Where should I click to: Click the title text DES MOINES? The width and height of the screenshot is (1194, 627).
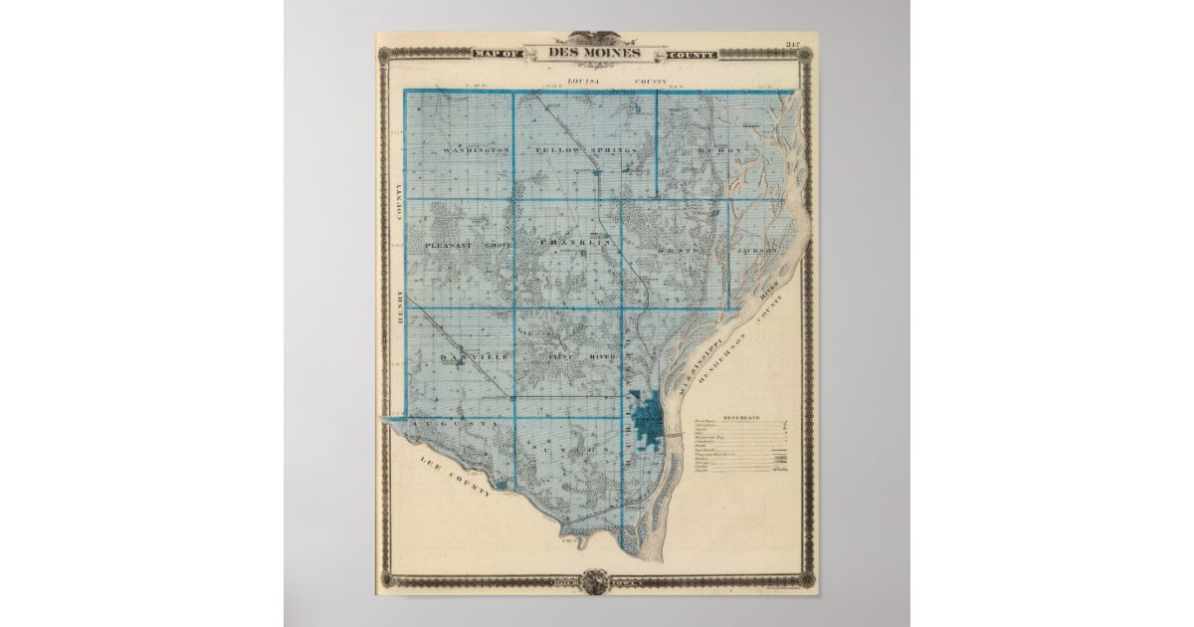[x=595, y=53]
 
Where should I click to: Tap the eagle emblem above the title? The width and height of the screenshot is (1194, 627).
[x=595, y=37]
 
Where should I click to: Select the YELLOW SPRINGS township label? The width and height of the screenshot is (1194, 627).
[x=584, y=150]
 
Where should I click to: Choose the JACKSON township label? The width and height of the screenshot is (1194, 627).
[x=757, y=251]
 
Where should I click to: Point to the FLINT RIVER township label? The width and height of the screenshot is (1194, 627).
[x=582, y=355]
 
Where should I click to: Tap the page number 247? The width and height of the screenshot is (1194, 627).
[x=792, y=44]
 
